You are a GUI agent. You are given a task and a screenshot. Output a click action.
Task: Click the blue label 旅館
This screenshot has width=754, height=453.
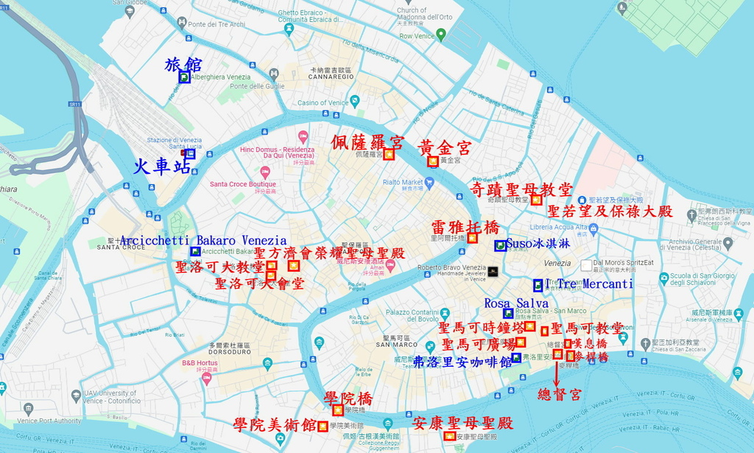[x=183, y=65]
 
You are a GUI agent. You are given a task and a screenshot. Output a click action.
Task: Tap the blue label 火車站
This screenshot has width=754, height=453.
[x=162, y=166]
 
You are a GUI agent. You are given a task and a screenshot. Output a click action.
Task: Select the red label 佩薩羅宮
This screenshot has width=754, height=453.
[x=367, y=141]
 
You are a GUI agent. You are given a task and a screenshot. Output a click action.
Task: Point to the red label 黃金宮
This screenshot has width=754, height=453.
[x=445, y=147]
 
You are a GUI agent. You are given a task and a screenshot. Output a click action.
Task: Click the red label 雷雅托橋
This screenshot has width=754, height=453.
[x=465, y=226]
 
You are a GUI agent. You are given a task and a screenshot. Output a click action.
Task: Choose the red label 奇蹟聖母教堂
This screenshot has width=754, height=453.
[x=521, y=190]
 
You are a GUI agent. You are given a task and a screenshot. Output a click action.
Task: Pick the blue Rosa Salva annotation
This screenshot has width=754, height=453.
[x=516, y=303]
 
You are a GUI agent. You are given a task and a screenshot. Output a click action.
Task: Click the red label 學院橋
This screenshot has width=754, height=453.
[x=348, y=398]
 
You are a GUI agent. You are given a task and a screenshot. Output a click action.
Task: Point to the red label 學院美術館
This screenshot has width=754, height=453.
[x=275, y=425]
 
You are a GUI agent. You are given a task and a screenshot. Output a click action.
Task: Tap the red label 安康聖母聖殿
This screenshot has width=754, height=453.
[x=462, y=424]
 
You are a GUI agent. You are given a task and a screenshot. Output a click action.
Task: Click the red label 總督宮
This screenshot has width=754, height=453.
[x=560, y=395]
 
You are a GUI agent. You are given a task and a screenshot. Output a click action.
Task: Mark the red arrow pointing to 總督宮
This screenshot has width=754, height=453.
[x=557, y=373]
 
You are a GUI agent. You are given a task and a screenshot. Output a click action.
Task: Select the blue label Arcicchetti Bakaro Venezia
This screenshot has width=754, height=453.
[x=203, y=240]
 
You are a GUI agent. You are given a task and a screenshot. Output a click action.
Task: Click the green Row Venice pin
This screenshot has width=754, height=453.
[x=440, y=34]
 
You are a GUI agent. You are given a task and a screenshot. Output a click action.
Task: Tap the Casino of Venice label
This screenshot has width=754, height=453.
[x=323, y=103]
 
